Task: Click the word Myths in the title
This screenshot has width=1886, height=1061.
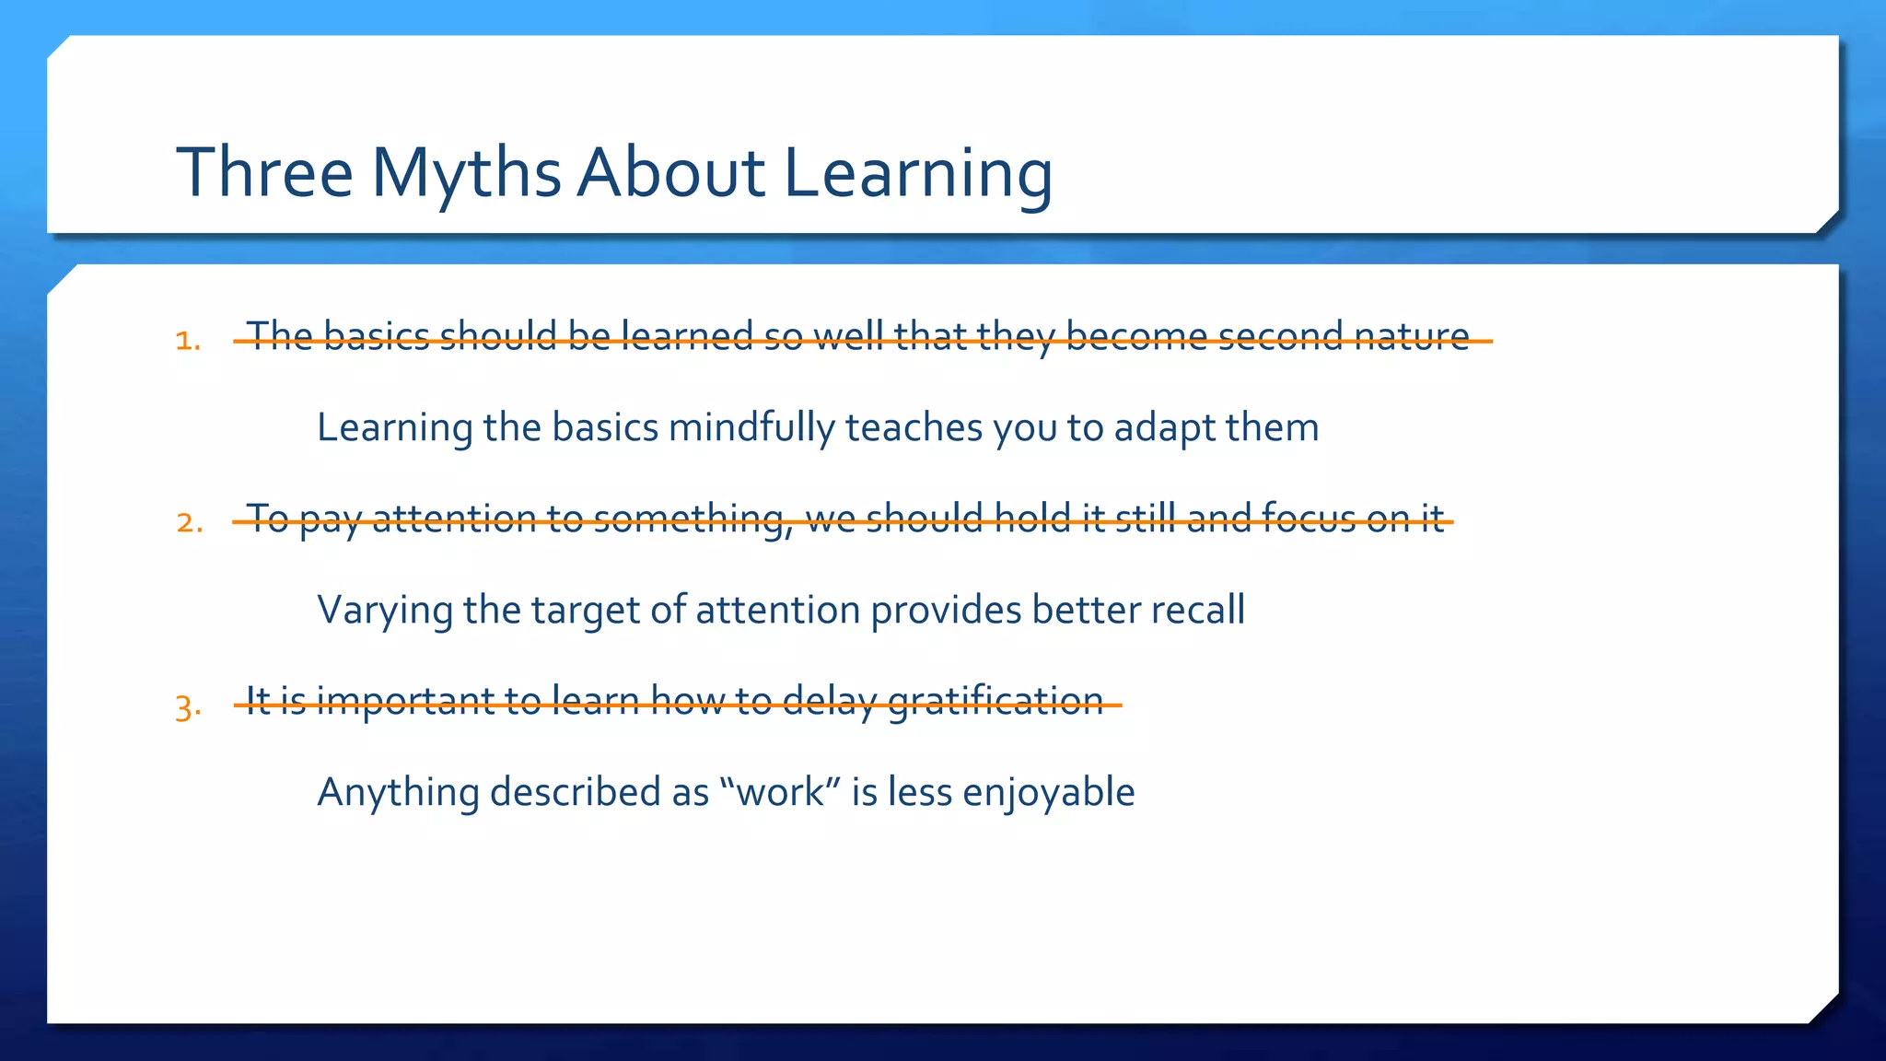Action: click(466, 173)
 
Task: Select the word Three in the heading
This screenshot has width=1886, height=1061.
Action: click(265, 173)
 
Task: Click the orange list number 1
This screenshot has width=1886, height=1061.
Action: click(187, 341)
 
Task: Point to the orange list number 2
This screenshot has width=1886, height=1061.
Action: click(188, 523)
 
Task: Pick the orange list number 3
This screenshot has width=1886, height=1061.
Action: click(187, 707)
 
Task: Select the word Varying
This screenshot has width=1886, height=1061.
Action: click(384, 611)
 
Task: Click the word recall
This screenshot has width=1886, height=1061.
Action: click(1196, 610)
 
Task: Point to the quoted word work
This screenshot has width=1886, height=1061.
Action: click(781, 793)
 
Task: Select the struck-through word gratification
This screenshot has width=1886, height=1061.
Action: click(995, 702)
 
